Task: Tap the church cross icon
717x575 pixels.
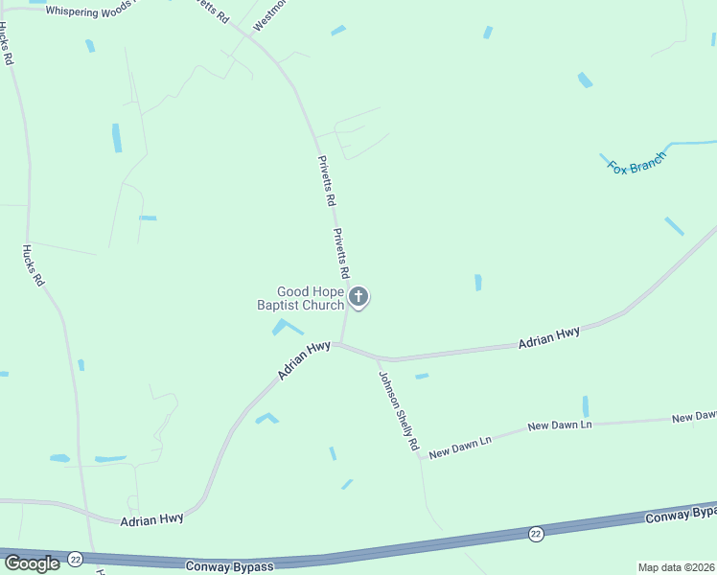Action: pyautogui.click(x=358, y=297)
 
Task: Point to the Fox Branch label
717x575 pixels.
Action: pyautogui.click(x=636, y=164)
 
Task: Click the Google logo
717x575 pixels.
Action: pyautogui.click(x=32, y=563)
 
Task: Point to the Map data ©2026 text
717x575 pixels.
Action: pyautogui.click(x=677, y=567)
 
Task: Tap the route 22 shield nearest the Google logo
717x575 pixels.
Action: pyautogui.click(x=76, y=557)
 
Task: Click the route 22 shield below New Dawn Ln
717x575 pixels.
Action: pyautogui.click(x=535, y=533)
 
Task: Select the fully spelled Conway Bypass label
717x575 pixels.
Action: pyautogui.click(x=229, y=566)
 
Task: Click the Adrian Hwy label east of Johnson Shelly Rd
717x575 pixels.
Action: pyautogui.click(x=549, y=337)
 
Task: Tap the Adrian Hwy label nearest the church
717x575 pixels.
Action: pyautogui.click(x=304, y=360)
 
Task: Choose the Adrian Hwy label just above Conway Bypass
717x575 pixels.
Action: pyautogui.click(x=151, y=518)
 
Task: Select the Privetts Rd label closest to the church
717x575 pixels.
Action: pyautogui.click(x=341, y=254)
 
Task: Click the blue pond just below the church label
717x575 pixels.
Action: pyautogui.click(x=285, y=327)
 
